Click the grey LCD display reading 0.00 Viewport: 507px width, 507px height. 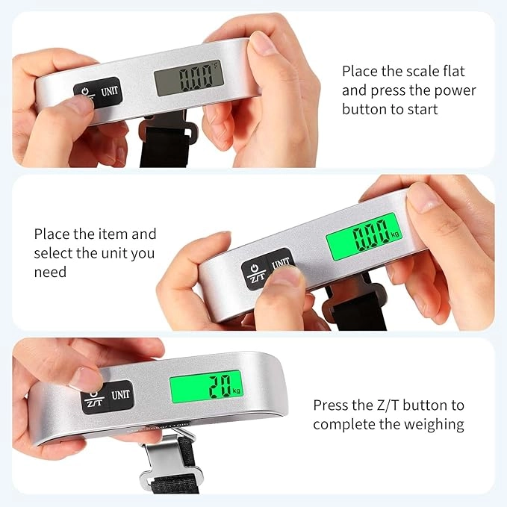tap(189, 78)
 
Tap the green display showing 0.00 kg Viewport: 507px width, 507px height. tap(364, 237)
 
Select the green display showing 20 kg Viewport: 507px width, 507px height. tap(206, 387)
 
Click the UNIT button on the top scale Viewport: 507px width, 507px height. tap(110, 92)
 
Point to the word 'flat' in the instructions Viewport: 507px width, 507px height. tap(454, 71)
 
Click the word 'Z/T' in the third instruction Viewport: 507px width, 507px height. tap(388, 405)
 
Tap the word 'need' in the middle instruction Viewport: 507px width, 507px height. tap(50, 272)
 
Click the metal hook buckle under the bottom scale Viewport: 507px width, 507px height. tap(172, 459)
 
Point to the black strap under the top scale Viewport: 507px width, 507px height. tap(164, 146)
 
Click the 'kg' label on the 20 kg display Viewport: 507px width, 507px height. tap(237, 391)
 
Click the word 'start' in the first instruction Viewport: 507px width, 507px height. tap(423, 110)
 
